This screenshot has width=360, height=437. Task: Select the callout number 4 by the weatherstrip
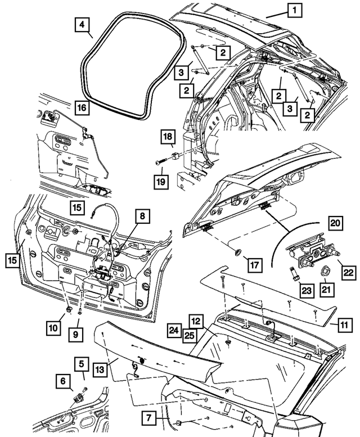(82, 26)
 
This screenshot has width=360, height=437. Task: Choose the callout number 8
(142, 215)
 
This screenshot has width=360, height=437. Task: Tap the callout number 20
(335, 223)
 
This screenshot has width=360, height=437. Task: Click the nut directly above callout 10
(69, 309)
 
